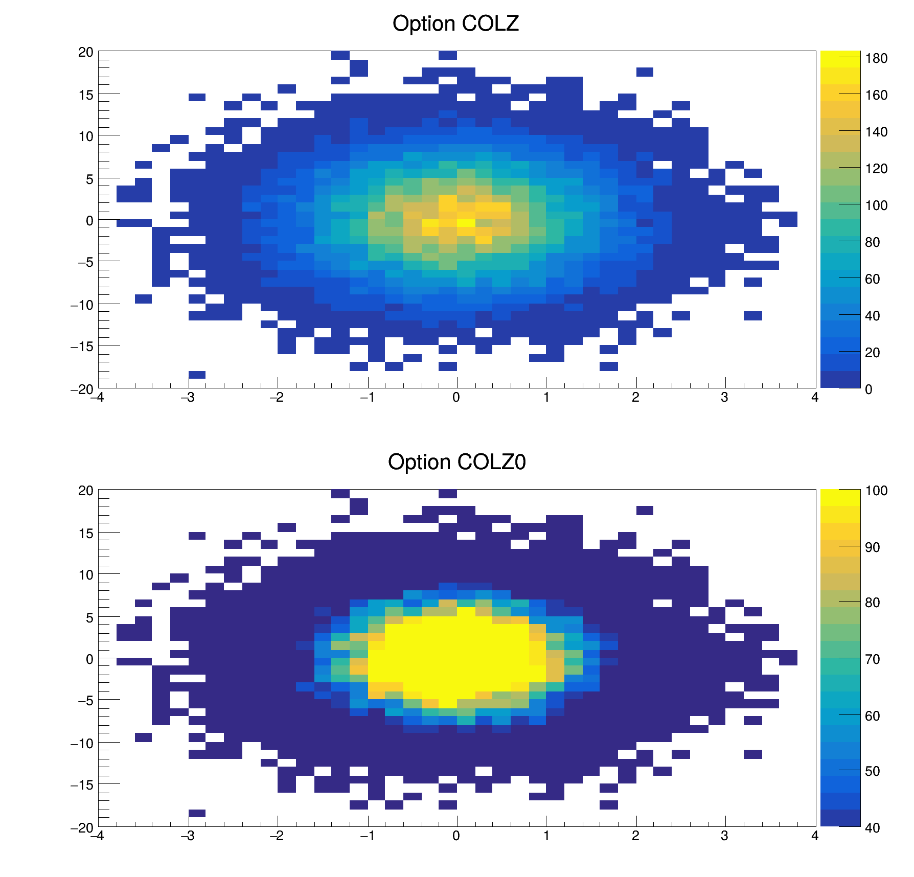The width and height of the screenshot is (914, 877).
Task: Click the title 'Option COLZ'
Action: click(455, 24)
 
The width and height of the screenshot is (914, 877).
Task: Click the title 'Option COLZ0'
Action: click(456, 463)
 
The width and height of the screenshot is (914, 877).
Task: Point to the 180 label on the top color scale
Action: click(876, 59)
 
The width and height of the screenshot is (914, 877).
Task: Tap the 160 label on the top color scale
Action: click(876, 96)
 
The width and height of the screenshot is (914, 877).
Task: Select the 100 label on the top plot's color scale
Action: click(876, 206)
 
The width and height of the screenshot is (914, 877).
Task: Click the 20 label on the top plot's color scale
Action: click(873, 353)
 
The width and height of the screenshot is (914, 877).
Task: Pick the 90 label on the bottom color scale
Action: click(873, 548)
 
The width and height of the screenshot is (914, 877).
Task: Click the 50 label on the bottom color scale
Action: click(873, 772)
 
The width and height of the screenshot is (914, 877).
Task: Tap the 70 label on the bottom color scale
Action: click(873, 660)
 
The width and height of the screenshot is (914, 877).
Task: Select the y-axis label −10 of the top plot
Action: click(82, 305)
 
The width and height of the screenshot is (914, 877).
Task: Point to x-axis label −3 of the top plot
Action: click(188, 398)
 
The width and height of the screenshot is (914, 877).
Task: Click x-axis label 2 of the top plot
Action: click(635, 398)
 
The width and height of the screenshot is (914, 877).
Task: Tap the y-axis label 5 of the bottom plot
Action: click(89, 618)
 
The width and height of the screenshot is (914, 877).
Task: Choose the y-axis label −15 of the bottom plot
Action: click(82, 785)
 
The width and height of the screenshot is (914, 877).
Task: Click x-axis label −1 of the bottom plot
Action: click(367, 836)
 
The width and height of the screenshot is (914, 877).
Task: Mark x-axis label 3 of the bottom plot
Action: click(724, 836)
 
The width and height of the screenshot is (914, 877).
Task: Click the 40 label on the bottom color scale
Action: click(873, 828)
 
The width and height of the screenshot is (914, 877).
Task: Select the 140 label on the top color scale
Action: click(876, 132)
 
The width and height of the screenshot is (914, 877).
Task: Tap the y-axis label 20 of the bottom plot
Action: click(86, 491)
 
